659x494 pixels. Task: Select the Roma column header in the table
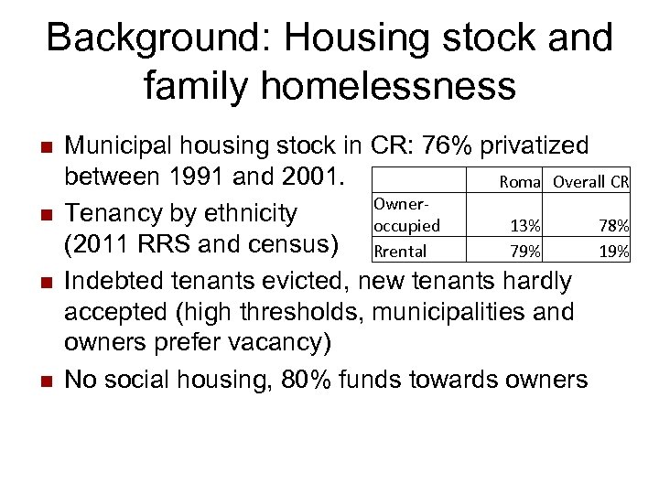click(x=520, y=182)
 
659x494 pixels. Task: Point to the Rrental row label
click(x=400, y=251)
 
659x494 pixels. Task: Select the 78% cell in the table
click(x=613, y=226)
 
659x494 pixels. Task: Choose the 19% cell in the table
click(x=613, y=251)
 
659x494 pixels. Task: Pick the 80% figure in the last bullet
click(x=308, y=378)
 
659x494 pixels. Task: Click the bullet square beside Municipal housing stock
click(x=37, y=147)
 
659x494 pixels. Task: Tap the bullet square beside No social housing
click(x=37, y=380)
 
